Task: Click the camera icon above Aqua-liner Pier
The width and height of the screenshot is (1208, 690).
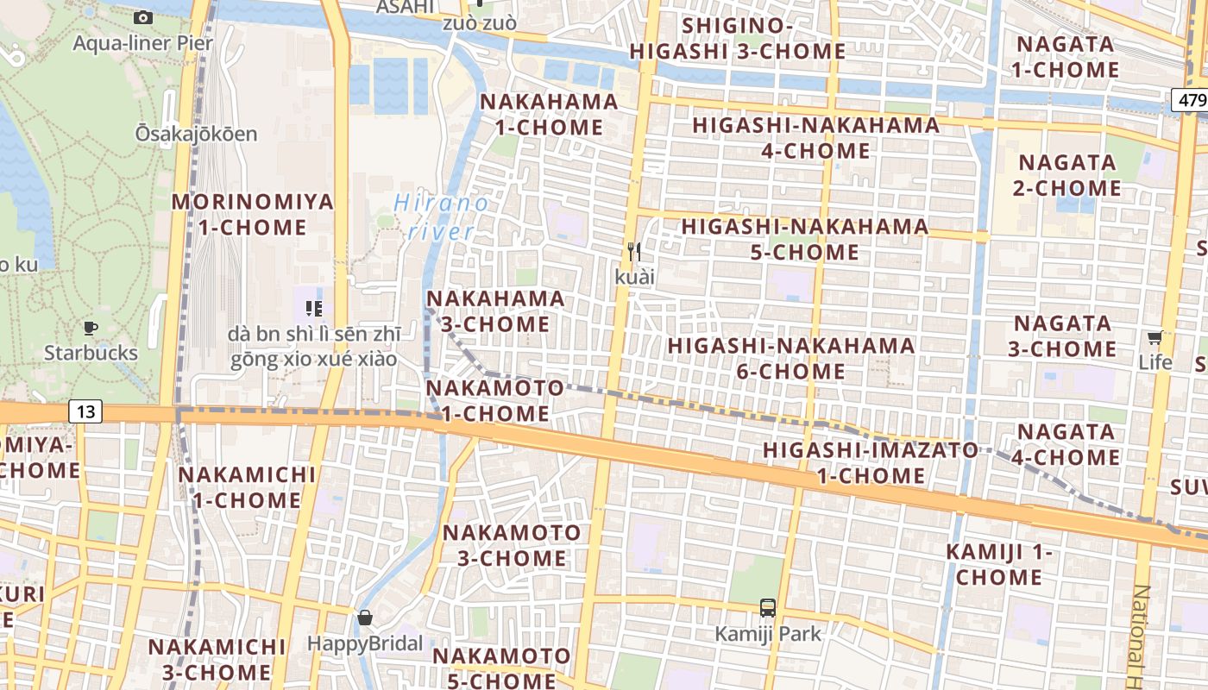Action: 143,17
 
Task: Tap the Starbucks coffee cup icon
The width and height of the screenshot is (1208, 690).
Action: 90,328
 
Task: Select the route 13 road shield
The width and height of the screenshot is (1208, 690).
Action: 85,411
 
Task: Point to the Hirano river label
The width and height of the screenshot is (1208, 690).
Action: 440,217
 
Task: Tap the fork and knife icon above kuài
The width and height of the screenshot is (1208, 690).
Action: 635,251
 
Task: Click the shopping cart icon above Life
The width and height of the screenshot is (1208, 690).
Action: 1155,337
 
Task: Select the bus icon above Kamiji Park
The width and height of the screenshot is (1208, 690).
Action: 767,607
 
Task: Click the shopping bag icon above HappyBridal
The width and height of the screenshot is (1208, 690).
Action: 365,618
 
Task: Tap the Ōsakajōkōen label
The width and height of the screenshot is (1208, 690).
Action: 196,134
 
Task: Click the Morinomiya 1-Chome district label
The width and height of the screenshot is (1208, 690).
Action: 252,215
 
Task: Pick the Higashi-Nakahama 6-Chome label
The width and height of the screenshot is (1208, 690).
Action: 790,358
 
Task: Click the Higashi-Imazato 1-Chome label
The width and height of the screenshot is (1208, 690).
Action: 871,462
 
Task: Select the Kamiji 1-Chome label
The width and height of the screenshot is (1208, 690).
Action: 999,564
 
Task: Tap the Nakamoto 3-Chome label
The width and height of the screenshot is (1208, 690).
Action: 512,545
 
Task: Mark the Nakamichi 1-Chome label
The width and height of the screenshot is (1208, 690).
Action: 246,486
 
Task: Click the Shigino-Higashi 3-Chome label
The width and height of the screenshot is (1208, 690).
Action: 737,39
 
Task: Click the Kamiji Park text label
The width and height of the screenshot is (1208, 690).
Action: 768,634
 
